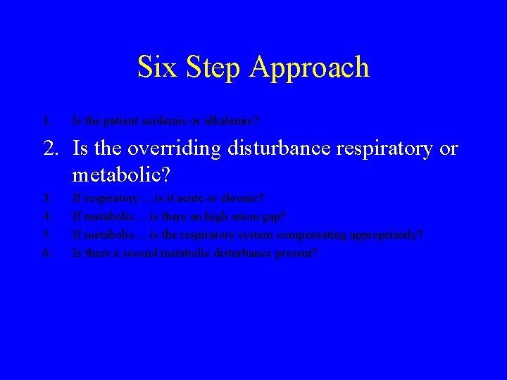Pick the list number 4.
[x=46, y=217]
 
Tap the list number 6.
[x=46, y=252]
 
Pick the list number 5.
[x=46, y=234]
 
